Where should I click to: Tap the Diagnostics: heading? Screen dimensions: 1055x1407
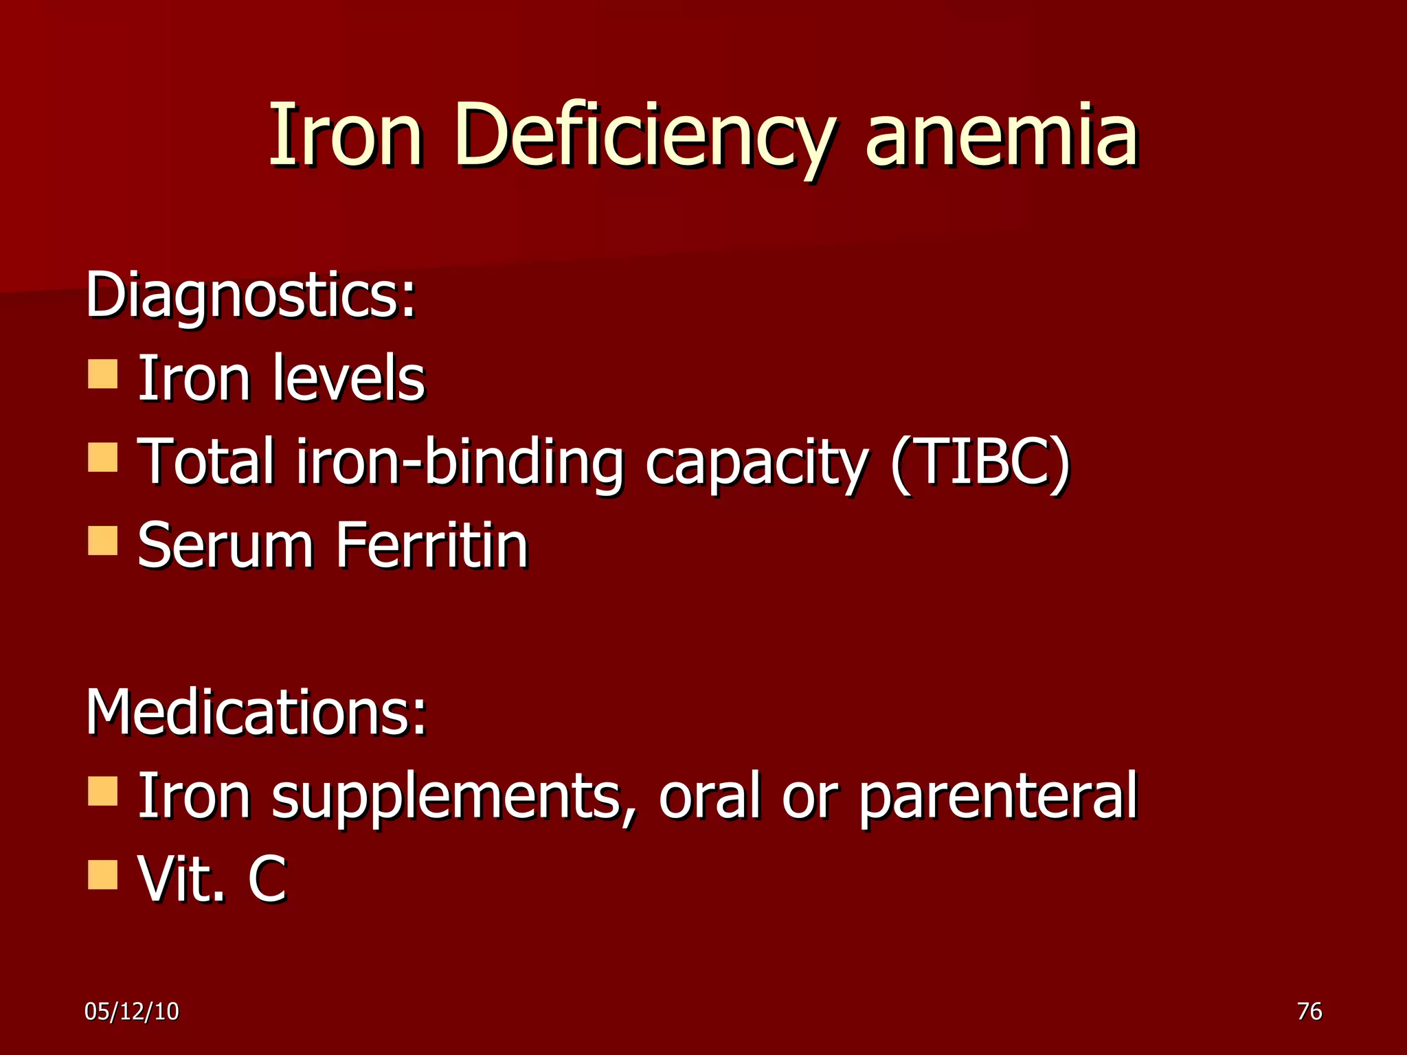pos(251,295)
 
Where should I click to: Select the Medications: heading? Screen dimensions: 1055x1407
pos(256,712)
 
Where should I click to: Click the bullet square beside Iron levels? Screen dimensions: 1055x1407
pos(103,374)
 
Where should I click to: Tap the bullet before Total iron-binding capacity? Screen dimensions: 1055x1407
pos(103,457)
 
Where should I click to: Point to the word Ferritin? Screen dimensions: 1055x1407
pos(432,545)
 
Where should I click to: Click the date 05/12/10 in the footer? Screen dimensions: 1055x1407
pos(131,1011)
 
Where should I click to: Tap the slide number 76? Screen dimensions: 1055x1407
pos(1309,1011)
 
